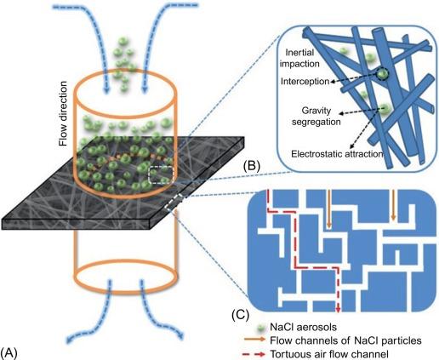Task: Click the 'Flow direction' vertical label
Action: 63,114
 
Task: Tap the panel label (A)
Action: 9,353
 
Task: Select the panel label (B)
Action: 252,167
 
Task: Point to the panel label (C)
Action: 240,315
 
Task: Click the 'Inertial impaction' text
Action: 299,58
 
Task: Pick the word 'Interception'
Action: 305,82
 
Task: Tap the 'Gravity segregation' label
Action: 316,116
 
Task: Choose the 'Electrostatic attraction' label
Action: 337,154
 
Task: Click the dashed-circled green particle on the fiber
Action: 382,74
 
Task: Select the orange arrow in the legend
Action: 254,340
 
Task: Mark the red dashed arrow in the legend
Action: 254,354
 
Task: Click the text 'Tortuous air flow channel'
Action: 329,354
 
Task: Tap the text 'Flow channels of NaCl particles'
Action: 345,340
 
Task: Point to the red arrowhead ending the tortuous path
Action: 338,309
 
